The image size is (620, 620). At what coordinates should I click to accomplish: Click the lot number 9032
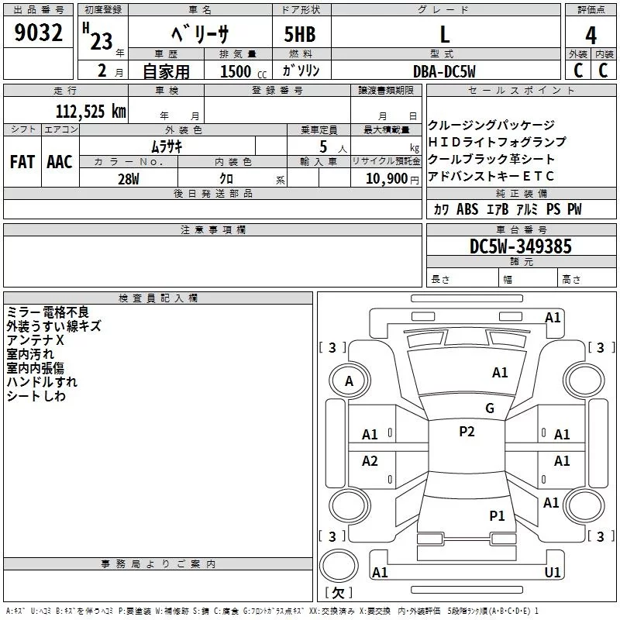[38, 34]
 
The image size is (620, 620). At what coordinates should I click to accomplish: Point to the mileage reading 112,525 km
[91, 111]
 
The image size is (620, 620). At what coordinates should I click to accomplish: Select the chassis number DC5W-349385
[521, 246]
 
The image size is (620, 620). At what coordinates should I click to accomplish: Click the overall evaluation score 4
[591, 35]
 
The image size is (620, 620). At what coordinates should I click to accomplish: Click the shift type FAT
[22, 162]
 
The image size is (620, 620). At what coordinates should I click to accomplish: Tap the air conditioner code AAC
[60, 162]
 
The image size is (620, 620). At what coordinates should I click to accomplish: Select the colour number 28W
[129, 179]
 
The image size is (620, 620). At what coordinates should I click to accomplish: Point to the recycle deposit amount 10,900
[385, 179]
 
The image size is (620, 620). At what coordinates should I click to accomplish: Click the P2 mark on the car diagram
[467, 432]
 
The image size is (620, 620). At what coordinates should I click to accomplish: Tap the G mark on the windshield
[490, 408]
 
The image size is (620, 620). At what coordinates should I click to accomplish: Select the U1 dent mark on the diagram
[553, 573]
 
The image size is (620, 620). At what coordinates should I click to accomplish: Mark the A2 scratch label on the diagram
[370, 461]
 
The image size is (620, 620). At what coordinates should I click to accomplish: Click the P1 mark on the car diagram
[497, 515]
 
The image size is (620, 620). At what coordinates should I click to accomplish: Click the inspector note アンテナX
[36, 340]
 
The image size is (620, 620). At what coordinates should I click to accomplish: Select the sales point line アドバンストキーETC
[491, 176]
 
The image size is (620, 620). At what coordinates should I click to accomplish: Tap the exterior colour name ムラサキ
[166, 145]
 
